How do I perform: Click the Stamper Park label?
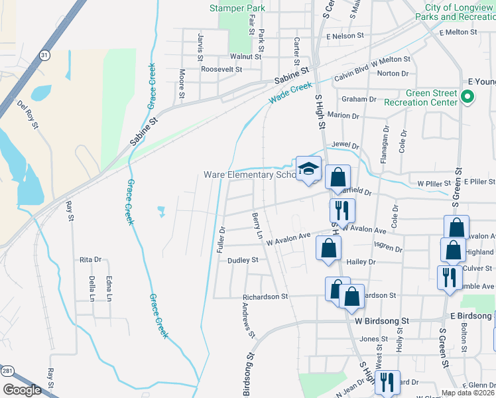pyautogui.click(x=237, y=8)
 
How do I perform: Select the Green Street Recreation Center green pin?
pyautogui.click(x=467, y=98)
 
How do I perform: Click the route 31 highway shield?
pyautogui.click(x=44, y=56)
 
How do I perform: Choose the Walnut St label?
pyautogui.click(x=241, y=57)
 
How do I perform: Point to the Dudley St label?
pyautogui.click(x=243, y=261)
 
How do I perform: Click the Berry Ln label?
pyautogui.click(x=257, y=226)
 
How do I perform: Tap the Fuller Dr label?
pyautogui.click(x=222, y=239)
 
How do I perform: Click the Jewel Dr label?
pyautogui.click(x=345, y=145)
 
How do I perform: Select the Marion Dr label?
pyautogui.click(x=343, y=115)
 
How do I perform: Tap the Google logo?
pyautogui.click(x=22, y=390)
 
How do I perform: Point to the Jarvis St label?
pyautogui.click(x=200, y=46)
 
